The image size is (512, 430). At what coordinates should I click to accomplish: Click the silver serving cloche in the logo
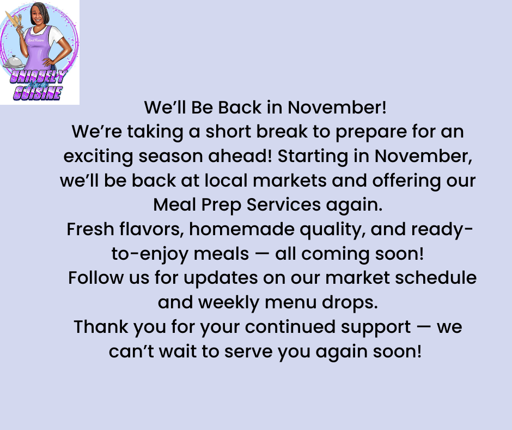coord(13,62)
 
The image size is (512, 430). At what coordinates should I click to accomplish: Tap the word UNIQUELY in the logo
coord(39,77)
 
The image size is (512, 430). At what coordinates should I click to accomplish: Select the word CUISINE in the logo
coord(38,93)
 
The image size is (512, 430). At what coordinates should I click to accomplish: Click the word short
coord(228,132)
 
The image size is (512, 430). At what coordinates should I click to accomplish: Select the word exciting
coord(98,157)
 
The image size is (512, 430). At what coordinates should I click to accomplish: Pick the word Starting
coord(313,157)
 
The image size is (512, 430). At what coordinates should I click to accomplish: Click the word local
coord(226,180)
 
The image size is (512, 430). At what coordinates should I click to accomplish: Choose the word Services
coord(283,205)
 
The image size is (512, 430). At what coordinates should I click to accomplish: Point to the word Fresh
coord(90,229)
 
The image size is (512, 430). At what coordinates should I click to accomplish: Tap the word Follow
coord(96,278)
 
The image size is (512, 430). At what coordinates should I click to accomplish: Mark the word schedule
coord(436,278)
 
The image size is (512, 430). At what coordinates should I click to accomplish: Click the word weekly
coord(229,303)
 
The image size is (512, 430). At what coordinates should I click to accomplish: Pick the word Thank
coord(101,326)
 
